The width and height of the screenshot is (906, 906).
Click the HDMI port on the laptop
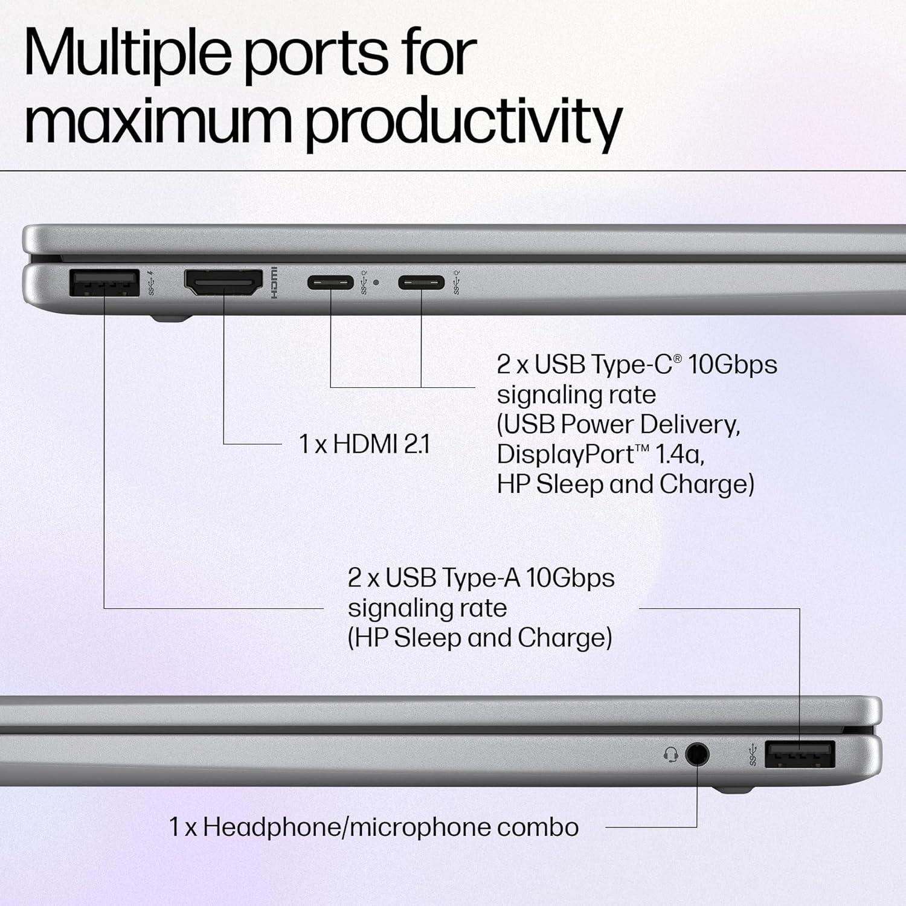pos(223,283)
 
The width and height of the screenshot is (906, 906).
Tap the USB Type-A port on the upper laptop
pos(104,283)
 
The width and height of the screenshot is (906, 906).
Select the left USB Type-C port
pos(330,282)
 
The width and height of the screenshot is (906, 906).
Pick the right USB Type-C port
pos(421,282)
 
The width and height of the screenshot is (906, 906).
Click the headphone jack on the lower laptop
pos(697,754)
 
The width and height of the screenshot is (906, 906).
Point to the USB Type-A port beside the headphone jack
pos(800,754)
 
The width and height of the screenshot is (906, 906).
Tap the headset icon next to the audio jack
pos(670,754)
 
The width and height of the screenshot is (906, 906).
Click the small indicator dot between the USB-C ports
pos(376,282)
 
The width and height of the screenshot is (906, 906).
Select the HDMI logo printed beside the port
pos(274,283)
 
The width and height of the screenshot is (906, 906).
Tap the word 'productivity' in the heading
pos(463,121)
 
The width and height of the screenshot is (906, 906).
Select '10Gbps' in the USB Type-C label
pos(733,364)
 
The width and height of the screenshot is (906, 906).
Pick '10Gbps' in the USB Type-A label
pos(570,578)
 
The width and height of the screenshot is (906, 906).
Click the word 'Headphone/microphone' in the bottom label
pos(346,827)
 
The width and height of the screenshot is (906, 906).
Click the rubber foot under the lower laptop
pos(732,789)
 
